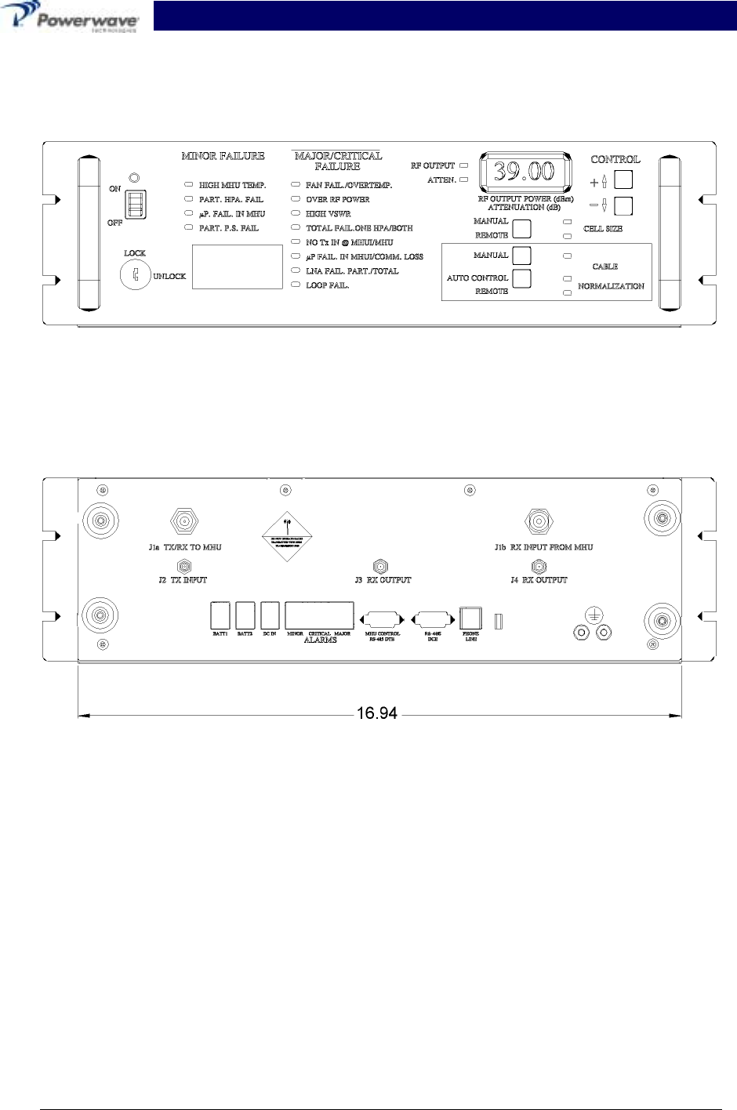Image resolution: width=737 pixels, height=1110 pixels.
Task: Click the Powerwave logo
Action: [x=71, y=17]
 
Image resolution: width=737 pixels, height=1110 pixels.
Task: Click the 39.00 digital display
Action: [x=524, y=171]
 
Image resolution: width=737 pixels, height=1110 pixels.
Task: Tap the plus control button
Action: [x=623, y=180]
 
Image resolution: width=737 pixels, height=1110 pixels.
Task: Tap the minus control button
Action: [x=623, y=207]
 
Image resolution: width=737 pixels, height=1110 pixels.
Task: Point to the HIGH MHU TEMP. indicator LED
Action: [x=188, y=186]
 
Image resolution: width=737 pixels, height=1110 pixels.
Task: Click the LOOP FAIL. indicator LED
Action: [x=295, y=285]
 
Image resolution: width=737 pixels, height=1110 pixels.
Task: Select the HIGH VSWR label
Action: [x=328, y=214]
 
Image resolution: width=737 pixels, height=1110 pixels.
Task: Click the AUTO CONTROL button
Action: [x=521, y=278]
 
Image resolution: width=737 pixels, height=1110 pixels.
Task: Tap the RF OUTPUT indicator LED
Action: [x=463, y=166]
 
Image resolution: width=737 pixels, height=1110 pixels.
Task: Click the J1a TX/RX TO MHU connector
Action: [x=184, y=521]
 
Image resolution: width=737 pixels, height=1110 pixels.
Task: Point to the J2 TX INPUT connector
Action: [x=184, y=566]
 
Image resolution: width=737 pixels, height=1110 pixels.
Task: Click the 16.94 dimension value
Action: [x=377, y=714]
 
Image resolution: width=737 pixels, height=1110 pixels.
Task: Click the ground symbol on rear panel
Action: [x=594, y=617]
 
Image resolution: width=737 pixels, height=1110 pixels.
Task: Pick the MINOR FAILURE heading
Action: [x=223, y=156]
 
